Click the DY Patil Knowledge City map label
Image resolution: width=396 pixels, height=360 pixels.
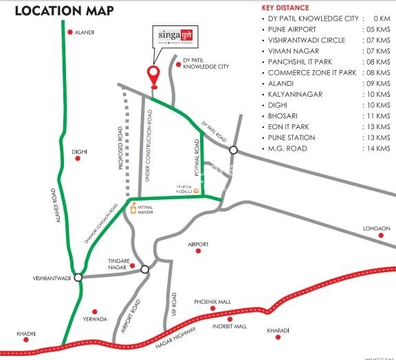pos(206,65)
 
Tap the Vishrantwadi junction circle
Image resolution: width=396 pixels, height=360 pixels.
pos(78,278)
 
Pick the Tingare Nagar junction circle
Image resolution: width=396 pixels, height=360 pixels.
pos(144,269)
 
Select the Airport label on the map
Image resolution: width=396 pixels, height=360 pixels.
pos(198,244)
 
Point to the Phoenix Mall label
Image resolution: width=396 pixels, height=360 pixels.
pos(212,302)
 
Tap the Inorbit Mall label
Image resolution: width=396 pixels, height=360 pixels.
pos(229,326)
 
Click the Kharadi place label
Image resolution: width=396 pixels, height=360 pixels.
pos(278,330)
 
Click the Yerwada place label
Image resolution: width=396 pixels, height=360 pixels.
pos(95,319)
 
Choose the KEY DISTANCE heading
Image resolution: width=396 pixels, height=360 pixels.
pos(285,8)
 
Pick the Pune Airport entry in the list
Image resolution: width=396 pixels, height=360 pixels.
pos(292,30)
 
